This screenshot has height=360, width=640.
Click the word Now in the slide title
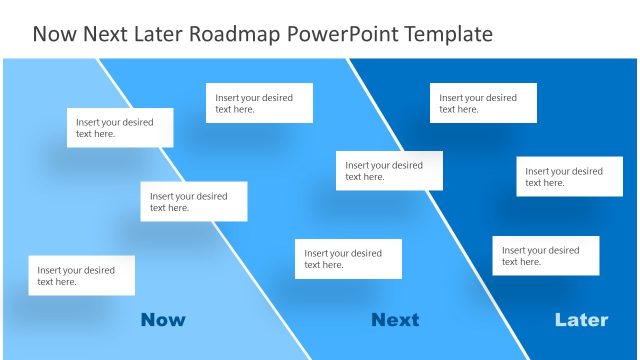coord(53,34)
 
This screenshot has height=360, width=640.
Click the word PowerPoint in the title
coord(336,34)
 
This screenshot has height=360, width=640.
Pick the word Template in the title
coord(443,34)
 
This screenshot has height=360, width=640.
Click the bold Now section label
coord(163,320)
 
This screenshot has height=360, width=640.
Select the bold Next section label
coord(395,320)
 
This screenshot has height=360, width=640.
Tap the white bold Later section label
coord(581,320)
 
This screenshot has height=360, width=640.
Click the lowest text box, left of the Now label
coord(81,276)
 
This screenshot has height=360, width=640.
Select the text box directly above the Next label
coord(348,259)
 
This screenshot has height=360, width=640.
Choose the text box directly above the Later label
coord(545,256)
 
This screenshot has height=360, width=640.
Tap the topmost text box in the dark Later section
coord(483,103)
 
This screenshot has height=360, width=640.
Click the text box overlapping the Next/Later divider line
coord(389,171)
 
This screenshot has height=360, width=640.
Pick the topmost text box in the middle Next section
coord(259,103)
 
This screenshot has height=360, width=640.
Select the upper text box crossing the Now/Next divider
coord(119,128)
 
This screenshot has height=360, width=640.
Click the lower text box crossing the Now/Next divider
coord(193,202)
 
